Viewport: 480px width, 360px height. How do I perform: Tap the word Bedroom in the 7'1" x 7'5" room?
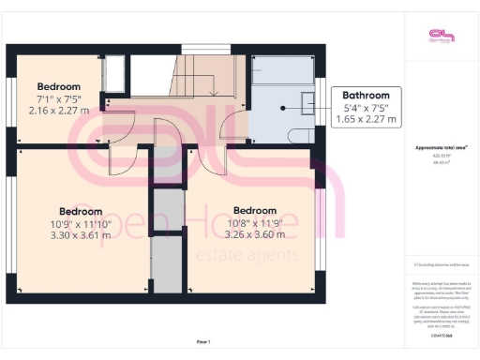tap(58, 61)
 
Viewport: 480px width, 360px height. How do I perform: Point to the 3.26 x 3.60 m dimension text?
tap(255, 234)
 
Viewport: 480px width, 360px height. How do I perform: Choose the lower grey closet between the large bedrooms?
tap(167, 262)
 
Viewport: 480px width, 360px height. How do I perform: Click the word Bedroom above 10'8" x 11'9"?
tap(255, 210)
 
